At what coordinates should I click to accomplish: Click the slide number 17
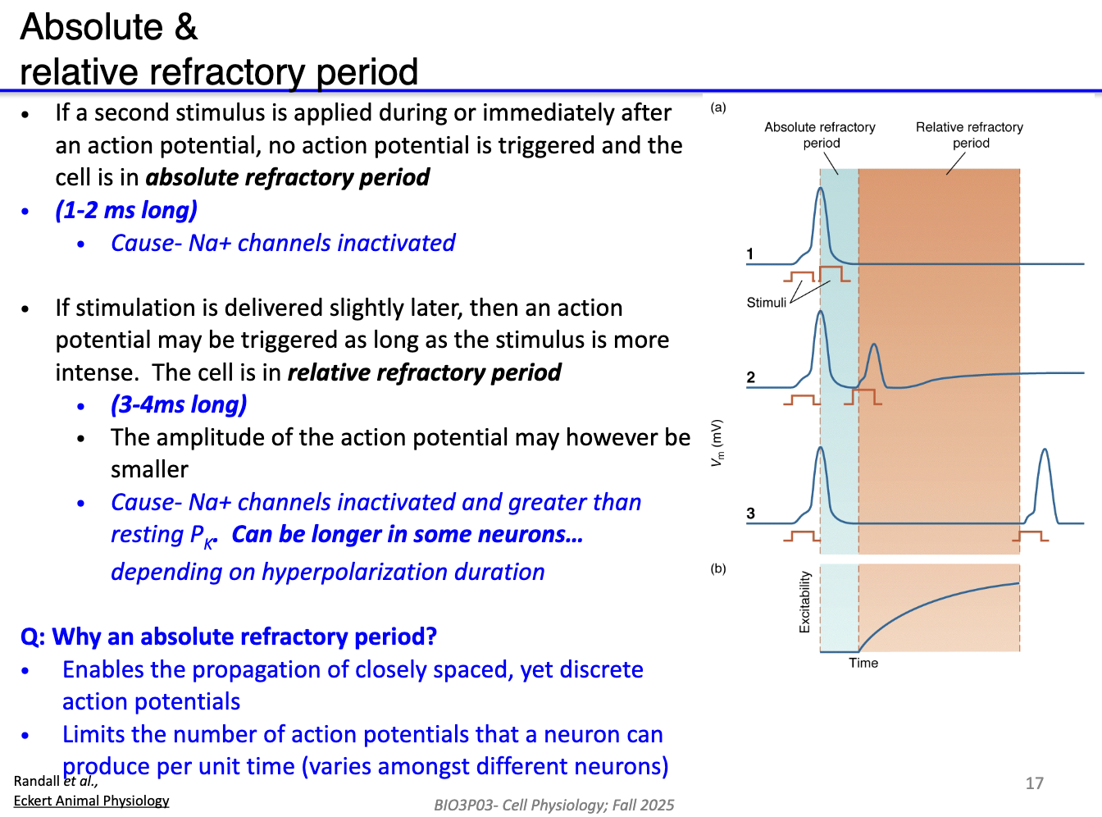(1034, 783)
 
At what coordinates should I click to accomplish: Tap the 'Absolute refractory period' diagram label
(820, 135)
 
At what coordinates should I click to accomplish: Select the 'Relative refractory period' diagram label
(969, 135)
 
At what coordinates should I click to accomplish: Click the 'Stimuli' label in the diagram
(766, 303)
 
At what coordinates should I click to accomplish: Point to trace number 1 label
(750, 254)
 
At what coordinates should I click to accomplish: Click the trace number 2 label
(750, 377)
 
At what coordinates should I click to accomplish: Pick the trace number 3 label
(750, 513)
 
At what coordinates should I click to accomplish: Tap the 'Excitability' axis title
(804, 602)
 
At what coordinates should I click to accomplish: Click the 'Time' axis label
(863, 663)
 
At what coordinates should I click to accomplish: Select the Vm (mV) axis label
(717, 443)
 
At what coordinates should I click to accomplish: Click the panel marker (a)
(718, 107)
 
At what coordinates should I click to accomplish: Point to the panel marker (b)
(718, 568)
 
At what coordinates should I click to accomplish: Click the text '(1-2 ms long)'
(126, 211)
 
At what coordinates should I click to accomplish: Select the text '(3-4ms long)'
(179, 405)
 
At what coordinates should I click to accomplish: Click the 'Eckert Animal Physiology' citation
(91, 801)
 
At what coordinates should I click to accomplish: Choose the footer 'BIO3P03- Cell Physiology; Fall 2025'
(553, 805)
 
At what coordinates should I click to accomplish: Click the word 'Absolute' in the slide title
(92, 27)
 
